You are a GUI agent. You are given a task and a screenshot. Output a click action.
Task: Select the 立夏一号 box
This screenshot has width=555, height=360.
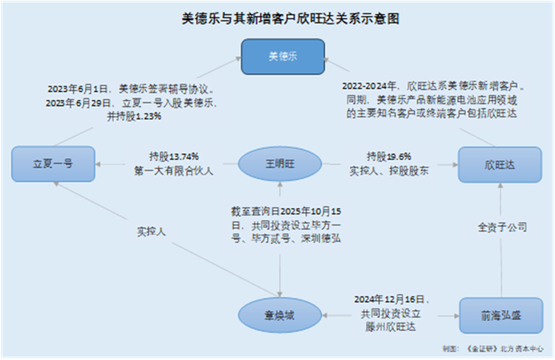coord(54,164)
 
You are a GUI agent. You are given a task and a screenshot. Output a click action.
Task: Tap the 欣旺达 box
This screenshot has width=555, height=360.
coord(493,164)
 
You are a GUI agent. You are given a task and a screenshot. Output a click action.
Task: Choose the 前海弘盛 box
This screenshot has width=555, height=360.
coord(495,315)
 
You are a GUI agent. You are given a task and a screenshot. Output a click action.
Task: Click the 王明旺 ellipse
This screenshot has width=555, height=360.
coord(278,164)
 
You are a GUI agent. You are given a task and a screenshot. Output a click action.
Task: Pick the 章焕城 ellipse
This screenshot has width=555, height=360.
coord(278,315)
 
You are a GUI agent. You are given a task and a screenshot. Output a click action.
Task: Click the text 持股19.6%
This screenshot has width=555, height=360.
coord(388,156)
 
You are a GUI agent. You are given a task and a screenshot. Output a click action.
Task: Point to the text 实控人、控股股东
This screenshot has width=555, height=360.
coord(388,170)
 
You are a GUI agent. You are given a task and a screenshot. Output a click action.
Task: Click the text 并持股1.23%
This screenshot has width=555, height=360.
coord(134,117)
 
